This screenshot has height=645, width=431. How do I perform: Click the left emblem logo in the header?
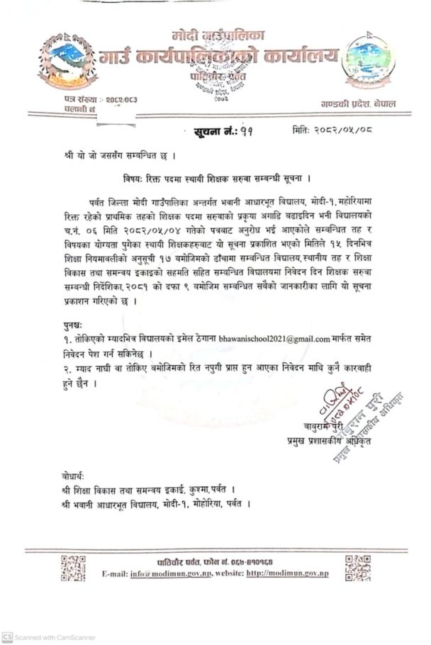tap(67, 60)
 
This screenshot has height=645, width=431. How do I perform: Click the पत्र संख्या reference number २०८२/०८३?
tap(116, 99)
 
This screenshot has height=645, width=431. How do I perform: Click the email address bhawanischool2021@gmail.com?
tap(274, 339)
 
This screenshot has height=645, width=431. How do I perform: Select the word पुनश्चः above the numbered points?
tap(73, 324)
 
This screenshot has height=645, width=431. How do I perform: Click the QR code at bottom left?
tap(73, 567)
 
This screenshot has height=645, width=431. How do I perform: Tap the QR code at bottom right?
tap(358, 567)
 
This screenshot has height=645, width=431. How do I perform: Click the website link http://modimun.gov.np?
tap(288, 573)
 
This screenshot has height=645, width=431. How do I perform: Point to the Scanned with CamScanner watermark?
tap(48, 637)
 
